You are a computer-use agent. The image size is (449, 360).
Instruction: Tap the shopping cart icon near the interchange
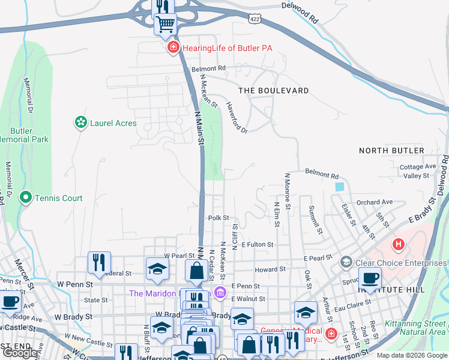pos(165,25)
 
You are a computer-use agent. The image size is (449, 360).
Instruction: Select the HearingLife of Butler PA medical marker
pos(173,47)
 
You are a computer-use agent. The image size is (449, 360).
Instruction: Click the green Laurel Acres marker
pos(80,123)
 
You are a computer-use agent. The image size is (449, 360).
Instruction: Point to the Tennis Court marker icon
pos(25,197)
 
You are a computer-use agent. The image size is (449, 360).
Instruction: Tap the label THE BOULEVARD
pos(273,91)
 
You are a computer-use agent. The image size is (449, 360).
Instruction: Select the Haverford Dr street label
pos(237,117)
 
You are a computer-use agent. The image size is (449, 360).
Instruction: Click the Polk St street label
pos(218,218)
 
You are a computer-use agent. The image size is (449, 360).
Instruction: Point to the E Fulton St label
pos(258,245)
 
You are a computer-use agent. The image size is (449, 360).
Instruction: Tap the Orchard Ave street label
pos(374,202)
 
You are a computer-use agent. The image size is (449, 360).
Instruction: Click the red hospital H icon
pos(397,244)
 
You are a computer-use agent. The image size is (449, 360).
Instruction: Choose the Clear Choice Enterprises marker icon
pos(346,262)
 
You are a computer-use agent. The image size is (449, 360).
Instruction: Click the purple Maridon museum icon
pos(220,293)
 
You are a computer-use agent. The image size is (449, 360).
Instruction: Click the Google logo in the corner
pos(20,353)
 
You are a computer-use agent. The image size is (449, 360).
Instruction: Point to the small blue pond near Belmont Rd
pos(340,187)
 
